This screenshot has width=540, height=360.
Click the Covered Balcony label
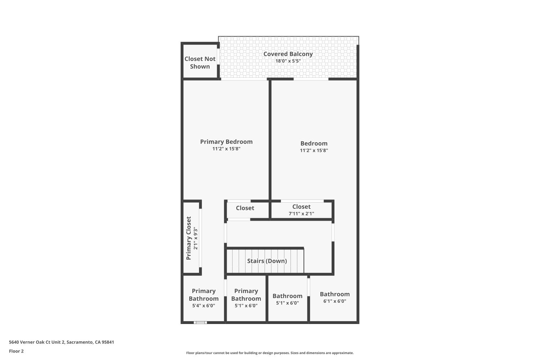pyautogui.click(x=288, y=54)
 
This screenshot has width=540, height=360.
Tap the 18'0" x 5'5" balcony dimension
pyautogui.click(x=288, y=61)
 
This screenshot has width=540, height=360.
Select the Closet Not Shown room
pyautogui.click(x=200, y=62)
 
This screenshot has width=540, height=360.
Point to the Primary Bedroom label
pyautogui.click(x=226, y=142)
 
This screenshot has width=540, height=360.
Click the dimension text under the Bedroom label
pyautogui.click(x=314, y=150)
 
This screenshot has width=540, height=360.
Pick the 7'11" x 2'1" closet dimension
pyautogui.click(x=301, y=213)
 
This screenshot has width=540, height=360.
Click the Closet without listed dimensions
pyautogui.click(x=245, y=208)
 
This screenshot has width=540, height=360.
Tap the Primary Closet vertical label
pyautogui.click(x=189, y=238)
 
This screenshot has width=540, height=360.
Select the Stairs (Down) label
pyautogui.click(x=267, y=261)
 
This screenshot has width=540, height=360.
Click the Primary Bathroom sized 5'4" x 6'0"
pyautogui.click(x=203, y=298)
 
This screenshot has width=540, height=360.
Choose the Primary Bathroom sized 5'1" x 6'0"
pyautogui.click(x=246, y=298)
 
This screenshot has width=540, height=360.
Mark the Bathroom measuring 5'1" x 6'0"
pyautogui.click(x=287, y=299)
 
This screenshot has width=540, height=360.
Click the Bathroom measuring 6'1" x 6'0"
pyautogui.click(x=335, y=297)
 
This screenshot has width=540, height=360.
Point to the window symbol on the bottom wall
pyautogui.click(x=200, y=323)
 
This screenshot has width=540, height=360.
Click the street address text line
pyautogui.click(x=61, y=342)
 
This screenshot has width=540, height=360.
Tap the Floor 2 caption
pyautogui.click(x=16, y=351)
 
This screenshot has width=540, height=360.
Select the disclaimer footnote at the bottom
pyautogui.click(x=270, y=353)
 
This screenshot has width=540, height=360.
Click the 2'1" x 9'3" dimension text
pyautogui.click(x=196, y=238)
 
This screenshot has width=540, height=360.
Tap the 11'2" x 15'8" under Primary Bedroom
pyautogui.click(x=226, y=149)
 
